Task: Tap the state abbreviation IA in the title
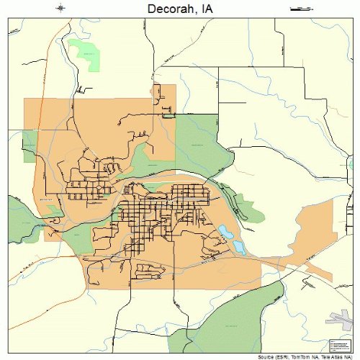click(x=207, y=9)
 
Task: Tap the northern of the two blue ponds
click(x=226, y=233)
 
